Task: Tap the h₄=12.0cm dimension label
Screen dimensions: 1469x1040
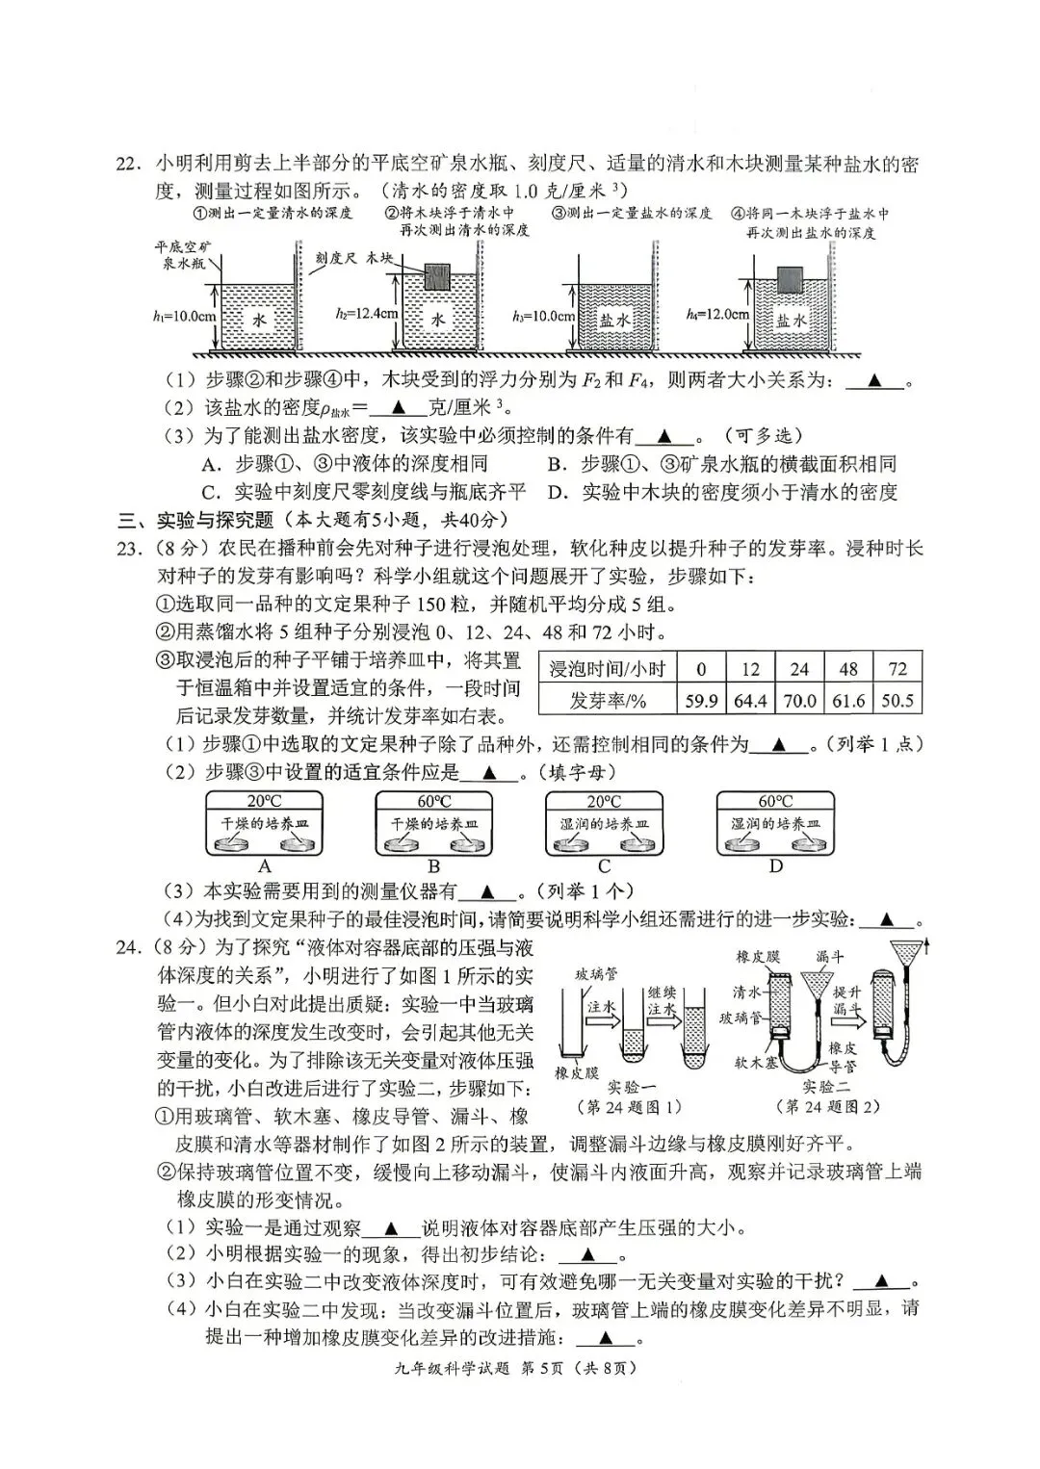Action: pos(717,314)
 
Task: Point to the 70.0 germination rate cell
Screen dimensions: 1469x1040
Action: pos(799,701)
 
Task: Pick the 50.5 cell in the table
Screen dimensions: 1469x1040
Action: pos(897,701)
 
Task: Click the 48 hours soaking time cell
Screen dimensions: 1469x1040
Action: pos(848,669)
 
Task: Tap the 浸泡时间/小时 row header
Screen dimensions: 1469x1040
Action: pos(607,669)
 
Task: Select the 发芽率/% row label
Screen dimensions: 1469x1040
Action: pos(607,701)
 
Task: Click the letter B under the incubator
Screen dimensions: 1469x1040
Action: pos(433,866)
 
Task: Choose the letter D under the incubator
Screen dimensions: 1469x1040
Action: pos(775,866)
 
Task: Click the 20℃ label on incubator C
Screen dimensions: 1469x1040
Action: pos(604,801)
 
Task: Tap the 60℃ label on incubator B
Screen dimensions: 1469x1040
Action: pos(433,801)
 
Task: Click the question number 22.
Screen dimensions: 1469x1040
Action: pos(129,164)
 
